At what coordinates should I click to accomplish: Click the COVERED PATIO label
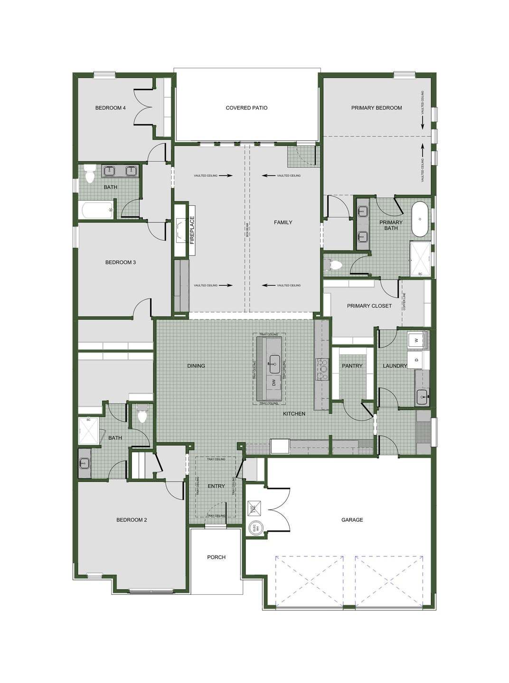click(x=246, y=108)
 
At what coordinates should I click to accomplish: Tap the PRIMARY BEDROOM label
click(x=377, y=108)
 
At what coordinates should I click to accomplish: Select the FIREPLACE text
click(x=192, y=230)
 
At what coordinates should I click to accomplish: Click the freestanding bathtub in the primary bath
click(x=420, y=219)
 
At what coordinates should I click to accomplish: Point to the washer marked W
click(x=416, y=340)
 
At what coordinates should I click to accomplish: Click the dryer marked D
click(x=416, y=360)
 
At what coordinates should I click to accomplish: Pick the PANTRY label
click(x=352, y=366)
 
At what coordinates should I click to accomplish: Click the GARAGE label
click(x=352, y=520)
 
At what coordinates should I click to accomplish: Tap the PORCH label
click(x=216, y=557)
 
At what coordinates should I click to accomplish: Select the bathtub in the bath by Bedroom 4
click(x=97, y=210)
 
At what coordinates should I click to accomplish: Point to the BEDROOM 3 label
click(x=121, y=262)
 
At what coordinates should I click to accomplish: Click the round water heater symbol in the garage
click(x=255, y=527)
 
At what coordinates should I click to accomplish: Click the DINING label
click(x=196, y=366)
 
